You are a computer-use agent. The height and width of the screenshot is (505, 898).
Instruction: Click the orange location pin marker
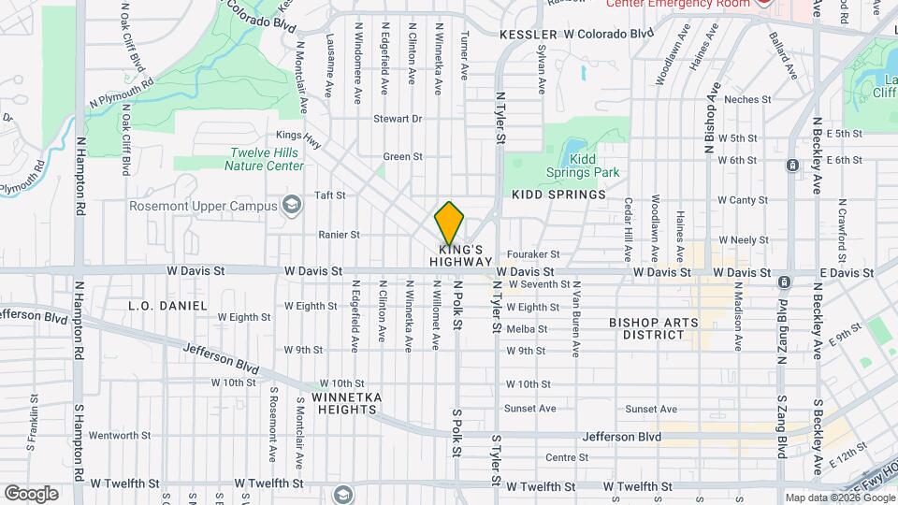(450, 223)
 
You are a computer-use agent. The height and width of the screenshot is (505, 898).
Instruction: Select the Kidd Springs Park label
(583, 166)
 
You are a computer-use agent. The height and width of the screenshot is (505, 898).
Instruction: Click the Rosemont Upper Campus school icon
(293, 205)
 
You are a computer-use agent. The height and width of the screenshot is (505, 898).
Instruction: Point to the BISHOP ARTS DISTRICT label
(654, 327)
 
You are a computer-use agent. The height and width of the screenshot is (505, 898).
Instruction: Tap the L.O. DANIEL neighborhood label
(167, 306)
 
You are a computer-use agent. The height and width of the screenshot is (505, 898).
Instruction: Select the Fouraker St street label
(532, 253)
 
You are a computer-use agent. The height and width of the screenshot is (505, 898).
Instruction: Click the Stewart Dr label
(398, 119)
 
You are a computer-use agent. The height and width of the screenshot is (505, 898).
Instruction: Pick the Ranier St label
(339, 235)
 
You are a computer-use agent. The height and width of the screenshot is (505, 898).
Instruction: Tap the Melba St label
(526, 329)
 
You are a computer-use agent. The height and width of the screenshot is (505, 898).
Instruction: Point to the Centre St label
(566, 457)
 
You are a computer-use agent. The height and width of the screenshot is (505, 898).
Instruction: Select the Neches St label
(746, 99)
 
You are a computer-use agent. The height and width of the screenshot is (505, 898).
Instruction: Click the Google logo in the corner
(31, 493)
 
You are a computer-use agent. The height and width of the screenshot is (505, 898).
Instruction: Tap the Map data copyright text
(839, 498)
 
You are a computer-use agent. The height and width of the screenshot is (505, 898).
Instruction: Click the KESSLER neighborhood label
(529, 34)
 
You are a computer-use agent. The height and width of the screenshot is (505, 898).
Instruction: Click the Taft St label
(330, 195)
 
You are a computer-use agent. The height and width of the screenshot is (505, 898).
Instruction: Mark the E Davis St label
(846, 272)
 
